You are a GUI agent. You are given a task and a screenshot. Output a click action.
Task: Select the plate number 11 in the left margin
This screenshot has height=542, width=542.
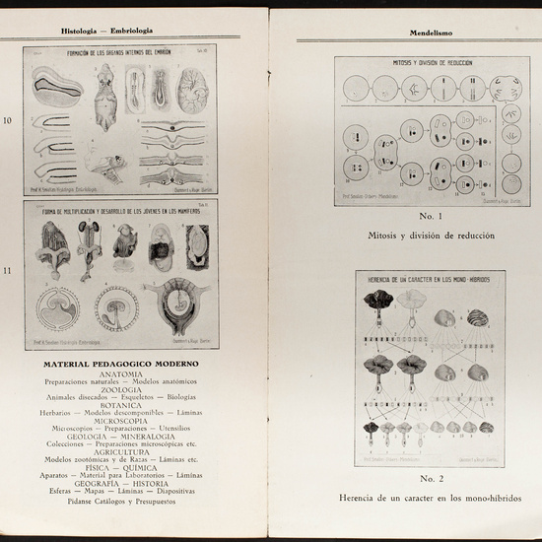pos(10,267)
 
